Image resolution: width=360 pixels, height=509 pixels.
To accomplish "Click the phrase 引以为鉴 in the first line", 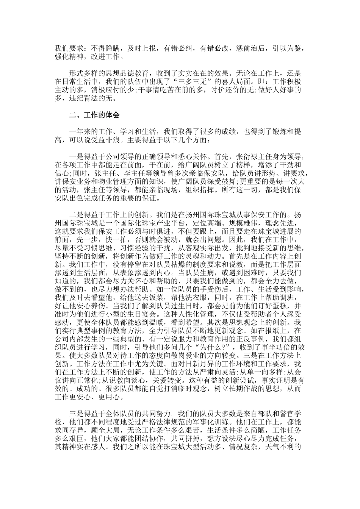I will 285,48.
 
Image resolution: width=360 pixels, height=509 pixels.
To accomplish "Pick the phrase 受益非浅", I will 95,140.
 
